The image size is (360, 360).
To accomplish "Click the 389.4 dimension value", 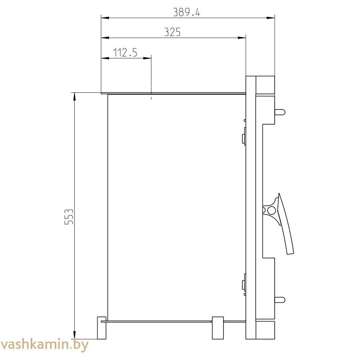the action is point(186,12).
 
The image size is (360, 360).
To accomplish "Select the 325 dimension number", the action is point(172,32).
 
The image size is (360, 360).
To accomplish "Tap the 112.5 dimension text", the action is point(125,53).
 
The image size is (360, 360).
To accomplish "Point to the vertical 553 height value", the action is point(69,216).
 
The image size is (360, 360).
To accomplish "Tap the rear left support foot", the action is point(102,328).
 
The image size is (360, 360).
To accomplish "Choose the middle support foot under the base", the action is point(218,328).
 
